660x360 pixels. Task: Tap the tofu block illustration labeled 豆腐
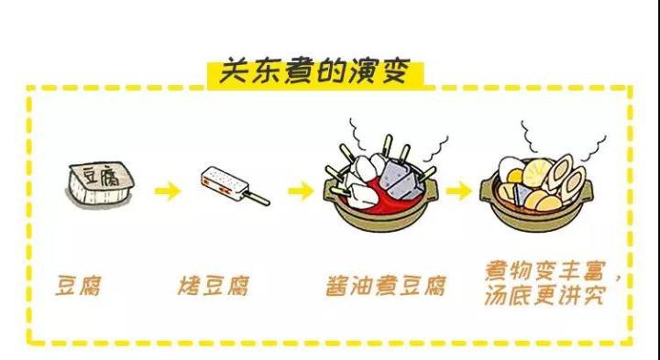pyautogui.click(x=100, y=184)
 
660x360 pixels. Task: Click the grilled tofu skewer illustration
pyautogui.click(x=235, y=186)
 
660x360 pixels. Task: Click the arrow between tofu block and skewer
pyautogui.click(x=168, y=191)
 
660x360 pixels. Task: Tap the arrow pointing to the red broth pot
pyautogui.click(x=301, y=191)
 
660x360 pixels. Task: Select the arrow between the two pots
pyautogui.click(x=458, y=191)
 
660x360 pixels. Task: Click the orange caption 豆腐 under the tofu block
pyautogui.click(x=79, y=286)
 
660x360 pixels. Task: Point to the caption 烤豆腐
pyautogui.click(x=214, y=286)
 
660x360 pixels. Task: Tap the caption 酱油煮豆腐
pyautogui.click(x=386, y=286)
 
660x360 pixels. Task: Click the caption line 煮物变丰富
pyautogui.click(x=545, y=271)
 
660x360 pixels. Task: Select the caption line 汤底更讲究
pyautogui.click(x=544, y=296)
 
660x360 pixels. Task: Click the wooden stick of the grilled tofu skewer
pyautogui.click(x=257, y=198)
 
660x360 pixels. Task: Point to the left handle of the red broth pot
pyautogui.click(x=328, y=194)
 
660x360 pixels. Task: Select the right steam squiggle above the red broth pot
pyautogui.click(x=435, y=149)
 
